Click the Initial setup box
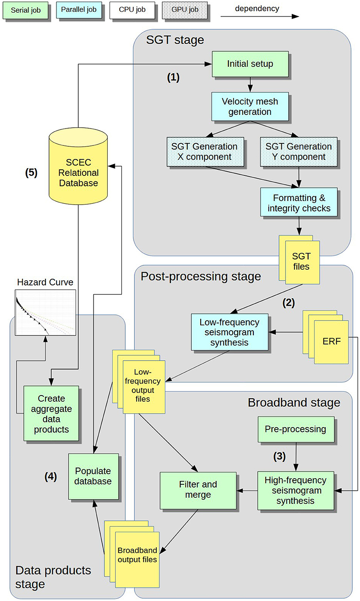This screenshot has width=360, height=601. (x=250, y=64)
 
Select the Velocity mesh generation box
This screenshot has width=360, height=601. (x=250, y=107)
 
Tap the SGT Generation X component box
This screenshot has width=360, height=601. (x=205, y=152)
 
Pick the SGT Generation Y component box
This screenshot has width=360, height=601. (x=299, y=152)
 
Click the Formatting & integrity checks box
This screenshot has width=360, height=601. (x=299, y=203)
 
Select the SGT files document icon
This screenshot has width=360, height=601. (x=301, y=262)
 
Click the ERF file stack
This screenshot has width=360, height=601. (x=331, y=341)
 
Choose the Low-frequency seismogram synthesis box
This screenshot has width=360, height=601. (x=229, y=332)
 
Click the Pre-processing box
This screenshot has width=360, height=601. (x=295, y=429)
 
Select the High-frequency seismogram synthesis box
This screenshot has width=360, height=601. (x=295, y=491)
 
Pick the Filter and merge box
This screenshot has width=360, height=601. (x=198, y=490)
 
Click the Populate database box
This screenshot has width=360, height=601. (x=93, y=476)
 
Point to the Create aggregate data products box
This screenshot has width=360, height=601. (x=51, y=414)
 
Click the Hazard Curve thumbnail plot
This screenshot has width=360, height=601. (x=45, y=312)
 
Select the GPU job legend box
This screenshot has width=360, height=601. (x=185, y=10)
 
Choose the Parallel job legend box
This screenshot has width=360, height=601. (x=79, y=10)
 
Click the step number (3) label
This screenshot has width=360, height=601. (x=279, y=456)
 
